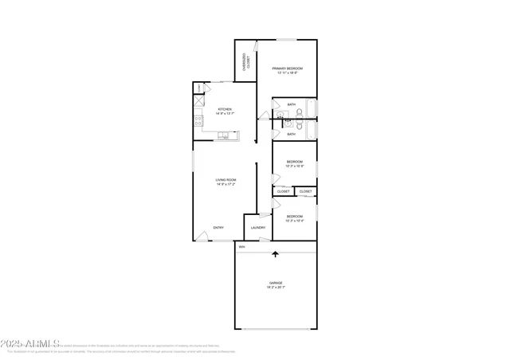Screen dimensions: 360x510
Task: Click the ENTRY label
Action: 218,228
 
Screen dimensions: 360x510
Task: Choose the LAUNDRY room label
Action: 257,228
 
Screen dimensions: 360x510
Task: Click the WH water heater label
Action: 241,246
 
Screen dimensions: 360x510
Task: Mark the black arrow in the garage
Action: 276,255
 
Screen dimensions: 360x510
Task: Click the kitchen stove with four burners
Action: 197,121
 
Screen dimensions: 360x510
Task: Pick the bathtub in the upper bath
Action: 311,108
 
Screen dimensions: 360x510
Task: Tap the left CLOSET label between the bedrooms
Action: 284,191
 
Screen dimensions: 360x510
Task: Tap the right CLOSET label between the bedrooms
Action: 306,191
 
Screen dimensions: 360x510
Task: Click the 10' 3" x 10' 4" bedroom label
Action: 294,218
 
